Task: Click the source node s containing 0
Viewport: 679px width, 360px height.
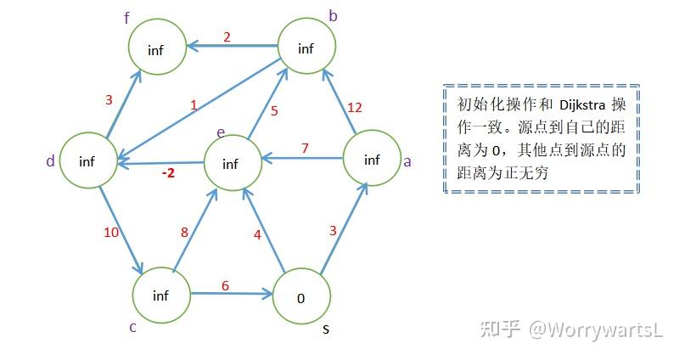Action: pyautogui.click(x=301, y=297)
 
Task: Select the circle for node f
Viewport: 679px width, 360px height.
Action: pyautogui.click(x=156, y=49)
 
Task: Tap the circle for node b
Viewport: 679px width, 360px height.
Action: pyautogui.click(x=306, y=48)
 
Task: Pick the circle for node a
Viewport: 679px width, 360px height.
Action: pyautogui.click(x=372, y=160)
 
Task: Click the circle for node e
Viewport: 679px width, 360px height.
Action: pyautogui.click(x=230, y=164)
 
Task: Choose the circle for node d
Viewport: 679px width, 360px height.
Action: pyautogui.click(x=87, y=161)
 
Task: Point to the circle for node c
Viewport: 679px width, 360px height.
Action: pyautogui.click(x=161, y=295)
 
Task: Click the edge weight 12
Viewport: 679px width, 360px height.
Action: pyautogui.click(x=355, y=107)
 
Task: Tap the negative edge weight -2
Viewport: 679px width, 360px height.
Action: pyautogui.click(x=168, y=174)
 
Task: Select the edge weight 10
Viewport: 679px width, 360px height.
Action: pyautogui.click(x=110, y=232)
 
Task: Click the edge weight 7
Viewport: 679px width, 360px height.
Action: pyautogui.click(x=305, y=149)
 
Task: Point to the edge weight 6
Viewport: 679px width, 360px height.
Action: pyautogui.click(x=225, y=285)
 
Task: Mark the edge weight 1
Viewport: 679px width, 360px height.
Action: pyautogui.click(x=194, y=106)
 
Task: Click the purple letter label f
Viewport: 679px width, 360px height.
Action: pyautogui.click(x=126, y=18)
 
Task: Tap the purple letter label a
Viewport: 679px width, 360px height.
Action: pyautogui.click(x=407, y=161)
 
